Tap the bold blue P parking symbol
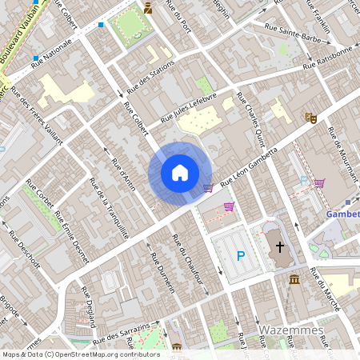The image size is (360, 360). click(240, 256)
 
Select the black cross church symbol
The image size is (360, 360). click(280, 247)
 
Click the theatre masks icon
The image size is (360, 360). click(311, 118)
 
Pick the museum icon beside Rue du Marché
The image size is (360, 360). click(295, 280)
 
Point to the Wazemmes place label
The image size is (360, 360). click(290, 330)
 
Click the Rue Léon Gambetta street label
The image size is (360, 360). click(249, 167)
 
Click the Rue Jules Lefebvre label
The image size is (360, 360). click(189, 107)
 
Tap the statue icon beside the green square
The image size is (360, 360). click(149, 9)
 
